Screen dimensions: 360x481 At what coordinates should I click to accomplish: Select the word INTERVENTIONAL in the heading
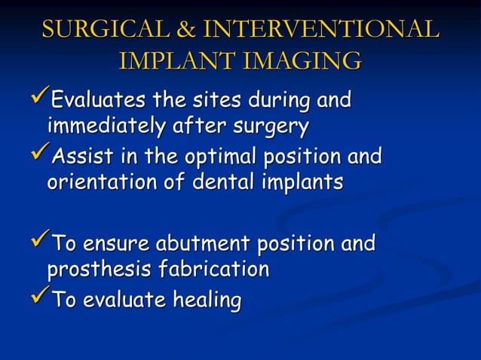click(x=320, y=29)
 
